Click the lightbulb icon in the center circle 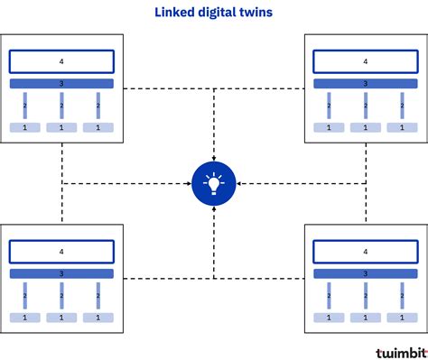tap(214, 184)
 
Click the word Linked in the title tap(171, 14)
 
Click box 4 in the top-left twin tap(61, 61)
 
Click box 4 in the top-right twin tap(365, 61)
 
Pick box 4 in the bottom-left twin tap(61, 251)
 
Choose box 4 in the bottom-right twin tap(365, 251)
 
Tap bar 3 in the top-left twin tap(61, 84)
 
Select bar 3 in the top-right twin tap(365, 84)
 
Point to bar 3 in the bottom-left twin tap(61, 273)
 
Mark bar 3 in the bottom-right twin tap(365, 273)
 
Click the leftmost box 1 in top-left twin tap(24, 128)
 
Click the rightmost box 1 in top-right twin tap(402, 128)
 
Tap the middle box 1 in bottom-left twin tap(61, 318)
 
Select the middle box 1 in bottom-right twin tap(365, 318)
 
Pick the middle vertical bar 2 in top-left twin tap(61, 106)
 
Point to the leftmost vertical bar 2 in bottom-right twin tap(329, 295)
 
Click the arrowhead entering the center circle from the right tap(238, 184)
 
